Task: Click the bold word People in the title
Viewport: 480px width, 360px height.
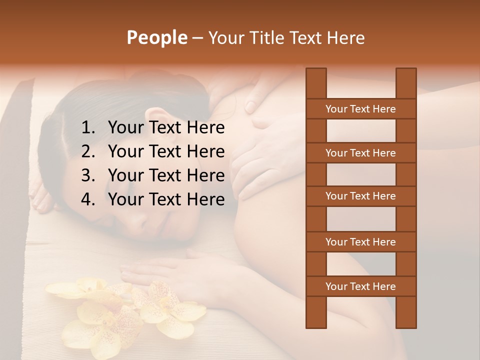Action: (x=157, y=37)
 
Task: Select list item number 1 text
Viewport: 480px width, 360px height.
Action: (x=166, y=128)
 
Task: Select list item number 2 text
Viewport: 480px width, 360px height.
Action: (x=166, y=151)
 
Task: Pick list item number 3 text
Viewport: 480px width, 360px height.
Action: (x=166, y=175)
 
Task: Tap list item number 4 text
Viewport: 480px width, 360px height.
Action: (x=166, y=199)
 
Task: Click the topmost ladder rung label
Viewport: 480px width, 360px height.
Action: (x=360, y=109)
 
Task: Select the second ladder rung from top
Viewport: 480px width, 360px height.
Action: (x=360, y=153)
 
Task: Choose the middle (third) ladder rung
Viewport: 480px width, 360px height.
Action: (x=360, y=196)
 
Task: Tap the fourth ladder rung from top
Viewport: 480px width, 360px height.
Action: (x=360, y=242)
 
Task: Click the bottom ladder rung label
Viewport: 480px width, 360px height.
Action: (x=360, y=286)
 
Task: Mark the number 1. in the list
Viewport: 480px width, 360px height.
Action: (x=88, y=128)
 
